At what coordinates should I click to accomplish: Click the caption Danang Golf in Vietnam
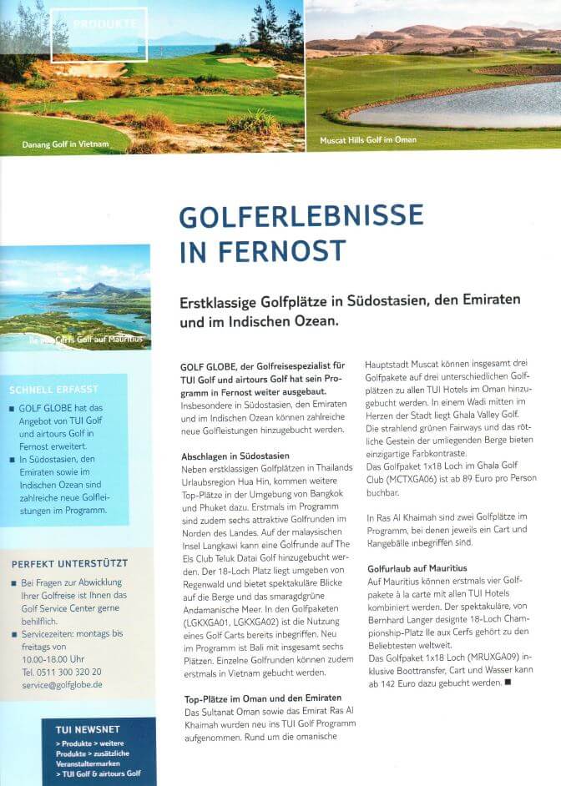point(66,144)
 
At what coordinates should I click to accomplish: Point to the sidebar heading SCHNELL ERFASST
point(53,389)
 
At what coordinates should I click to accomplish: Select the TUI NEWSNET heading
point(82,728)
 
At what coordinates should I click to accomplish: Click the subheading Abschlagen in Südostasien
point(235,456)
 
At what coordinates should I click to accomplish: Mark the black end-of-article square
point(506,683)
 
